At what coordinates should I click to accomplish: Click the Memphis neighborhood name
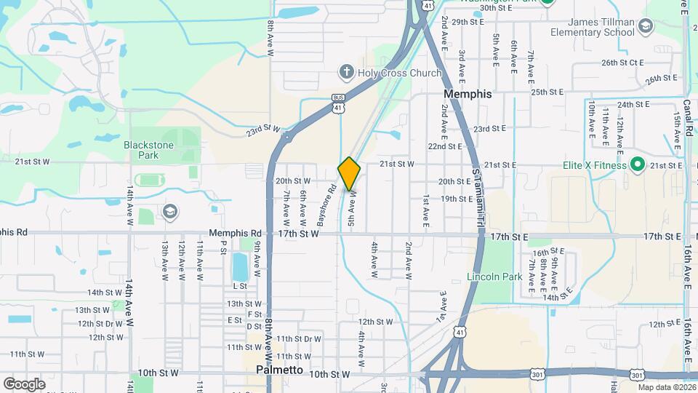tap(468, 94)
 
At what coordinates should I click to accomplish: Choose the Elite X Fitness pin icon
tap(638, 164)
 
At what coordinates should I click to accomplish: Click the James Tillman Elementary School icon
tap(645, 27)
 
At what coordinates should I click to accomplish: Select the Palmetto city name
tap(280, 370)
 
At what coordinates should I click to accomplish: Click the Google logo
tap(24, 384)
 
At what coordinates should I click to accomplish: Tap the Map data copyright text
tap(667, 387)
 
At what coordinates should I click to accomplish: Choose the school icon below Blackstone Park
tap(169, 211)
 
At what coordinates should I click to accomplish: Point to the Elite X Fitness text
tap(594, 165)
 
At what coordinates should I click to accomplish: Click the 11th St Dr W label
tap(298, 338)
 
